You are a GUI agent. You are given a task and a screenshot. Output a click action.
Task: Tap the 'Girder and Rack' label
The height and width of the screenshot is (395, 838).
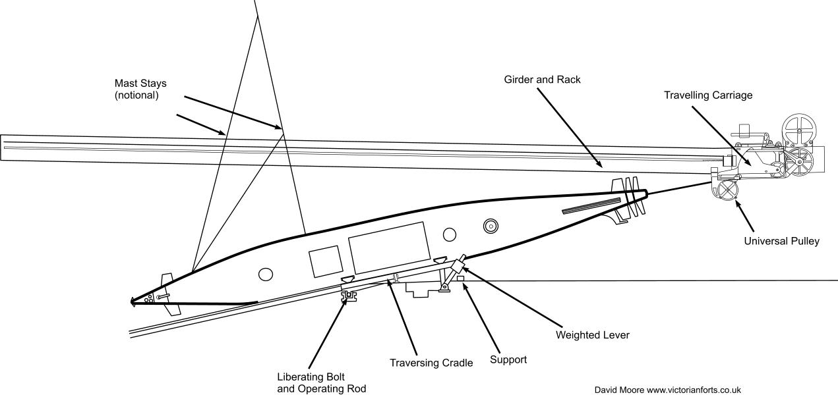click(x=542, y=80)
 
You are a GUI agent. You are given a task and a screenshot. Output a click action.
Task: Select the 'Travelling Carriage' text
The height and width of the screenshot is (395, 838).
click(x=707, y=95)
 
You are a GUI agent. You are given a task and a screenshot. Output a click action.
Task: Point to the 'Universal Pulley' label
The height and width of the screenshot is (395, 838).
click(x=781, y=242)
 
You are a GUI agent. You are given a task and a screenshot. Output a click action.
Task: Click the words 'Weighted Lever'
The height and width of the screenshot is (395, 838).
click(x=593, y=335)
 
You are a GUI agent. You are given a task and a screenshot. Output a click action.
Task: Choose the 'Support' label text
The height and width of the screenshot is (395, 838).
click(x=508, y=360)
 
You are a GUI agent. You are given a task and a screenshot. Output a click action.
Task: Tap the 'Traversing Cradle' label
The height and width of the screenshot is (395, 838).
click(x=431, y=363)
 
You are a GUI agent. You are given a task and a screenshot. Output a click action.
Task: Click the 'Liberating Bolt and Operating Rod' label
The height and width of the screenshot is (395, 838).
click(x=321, y=383)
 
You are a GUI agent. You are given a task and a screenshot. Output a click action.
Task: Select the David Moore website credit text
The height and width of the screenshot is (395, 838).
click(x=668, y=390)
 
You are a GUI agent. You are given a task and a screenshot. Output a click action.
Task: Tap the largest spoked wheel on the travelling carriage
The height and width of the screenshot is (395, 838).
click(x=798, y=130)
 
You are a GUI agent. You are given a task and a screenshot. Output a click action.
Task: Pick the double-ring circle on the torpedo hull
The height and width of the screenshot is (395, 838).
click(x=490, y=226)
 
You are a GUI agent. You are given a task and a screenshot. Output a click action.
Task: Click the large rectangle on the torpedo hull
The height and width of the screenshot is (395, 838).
click(x=389, y=248)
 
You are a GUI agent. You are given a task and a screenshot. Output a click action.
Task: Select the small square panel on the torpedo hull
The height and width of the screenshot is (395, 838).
click(x=326, y=261)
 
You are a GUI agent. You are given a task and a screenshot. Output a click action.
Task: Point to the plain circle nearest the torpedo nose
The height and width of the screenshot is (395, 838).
click(x=266, y=274)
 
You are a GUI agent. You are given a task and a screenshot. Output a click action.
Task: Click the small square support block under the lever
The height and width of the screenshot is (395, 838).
click(x=462, y=278)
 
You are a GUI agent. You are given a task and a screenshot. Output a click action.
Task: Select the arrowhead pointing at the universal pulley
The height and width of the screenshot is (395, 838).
click(x=737, y=205)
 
